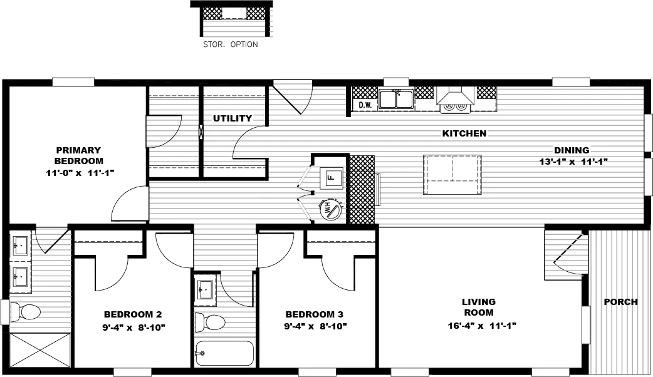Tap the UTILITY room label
coord(232,118)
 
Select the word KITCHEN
coord(464,133)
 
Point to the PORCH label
coord(620,302)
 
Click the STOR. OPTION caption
coord(230,45)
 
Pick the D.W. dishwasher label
coord(365,105)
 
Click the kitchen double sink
coord(395,100)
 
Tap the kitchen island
coord(452,174)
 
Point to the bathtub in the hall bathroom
coord(224,354)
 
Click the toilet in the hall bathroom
coord(211,323)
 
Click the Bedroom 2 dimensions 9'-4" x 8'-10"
coord(133,326)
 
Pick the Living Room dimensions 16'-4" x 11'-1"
coord(479,326)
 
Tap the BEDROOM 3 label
coord(314,314)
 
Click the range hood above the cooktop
coord(455,96)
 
